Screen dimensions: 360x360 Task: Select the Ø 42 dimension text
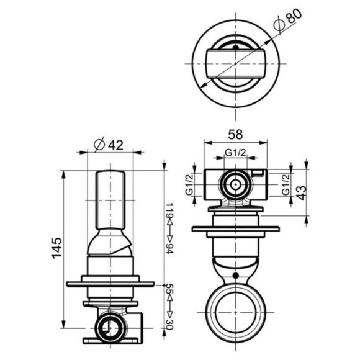pos(108,144)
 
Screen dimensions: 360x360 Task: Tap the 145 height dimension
pos(55,248)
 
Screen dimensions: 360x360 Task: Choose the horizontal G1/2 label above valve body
pos(236,153)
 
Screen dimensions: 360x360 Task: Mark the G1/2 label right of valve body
pos(285,184)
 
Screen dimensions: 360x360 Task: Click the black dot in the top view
pos(235,45)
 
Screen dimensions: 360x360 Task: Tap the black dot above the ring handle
pos(236,274)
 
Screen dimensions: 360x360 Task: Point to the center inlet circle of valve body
pos(236,184)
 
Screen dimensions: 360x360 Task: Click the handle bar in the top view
pos(235,63)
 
